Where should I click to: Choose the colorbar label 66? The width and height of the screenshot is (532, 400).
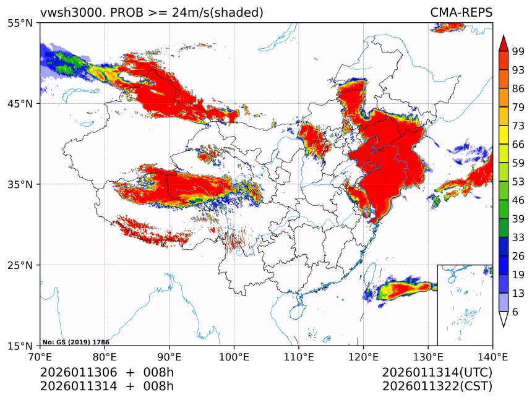518,144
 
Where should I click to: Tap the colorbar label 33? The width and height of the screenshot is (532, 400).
518,237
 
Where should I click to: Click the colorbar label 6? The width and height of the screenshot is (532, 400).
515,312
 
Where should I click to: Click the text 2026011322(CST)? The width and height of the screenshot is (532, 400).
437,386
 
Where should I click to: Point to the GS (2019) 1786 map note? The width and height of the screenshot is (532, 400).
75,342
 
